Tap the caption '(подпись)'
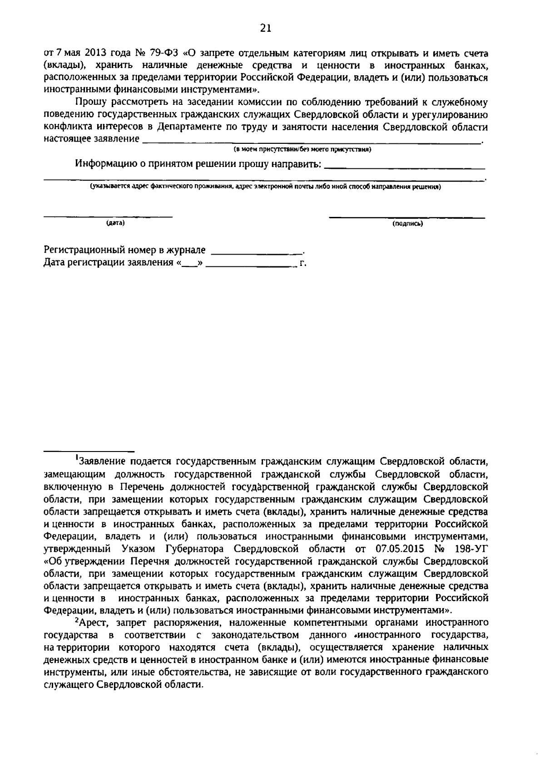(x=407, y=223)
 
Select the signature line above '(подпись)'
(x=407, y=218)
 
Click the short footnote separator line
(x=89, y=452)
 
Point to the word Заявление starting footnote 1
(x=102, y=462)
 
